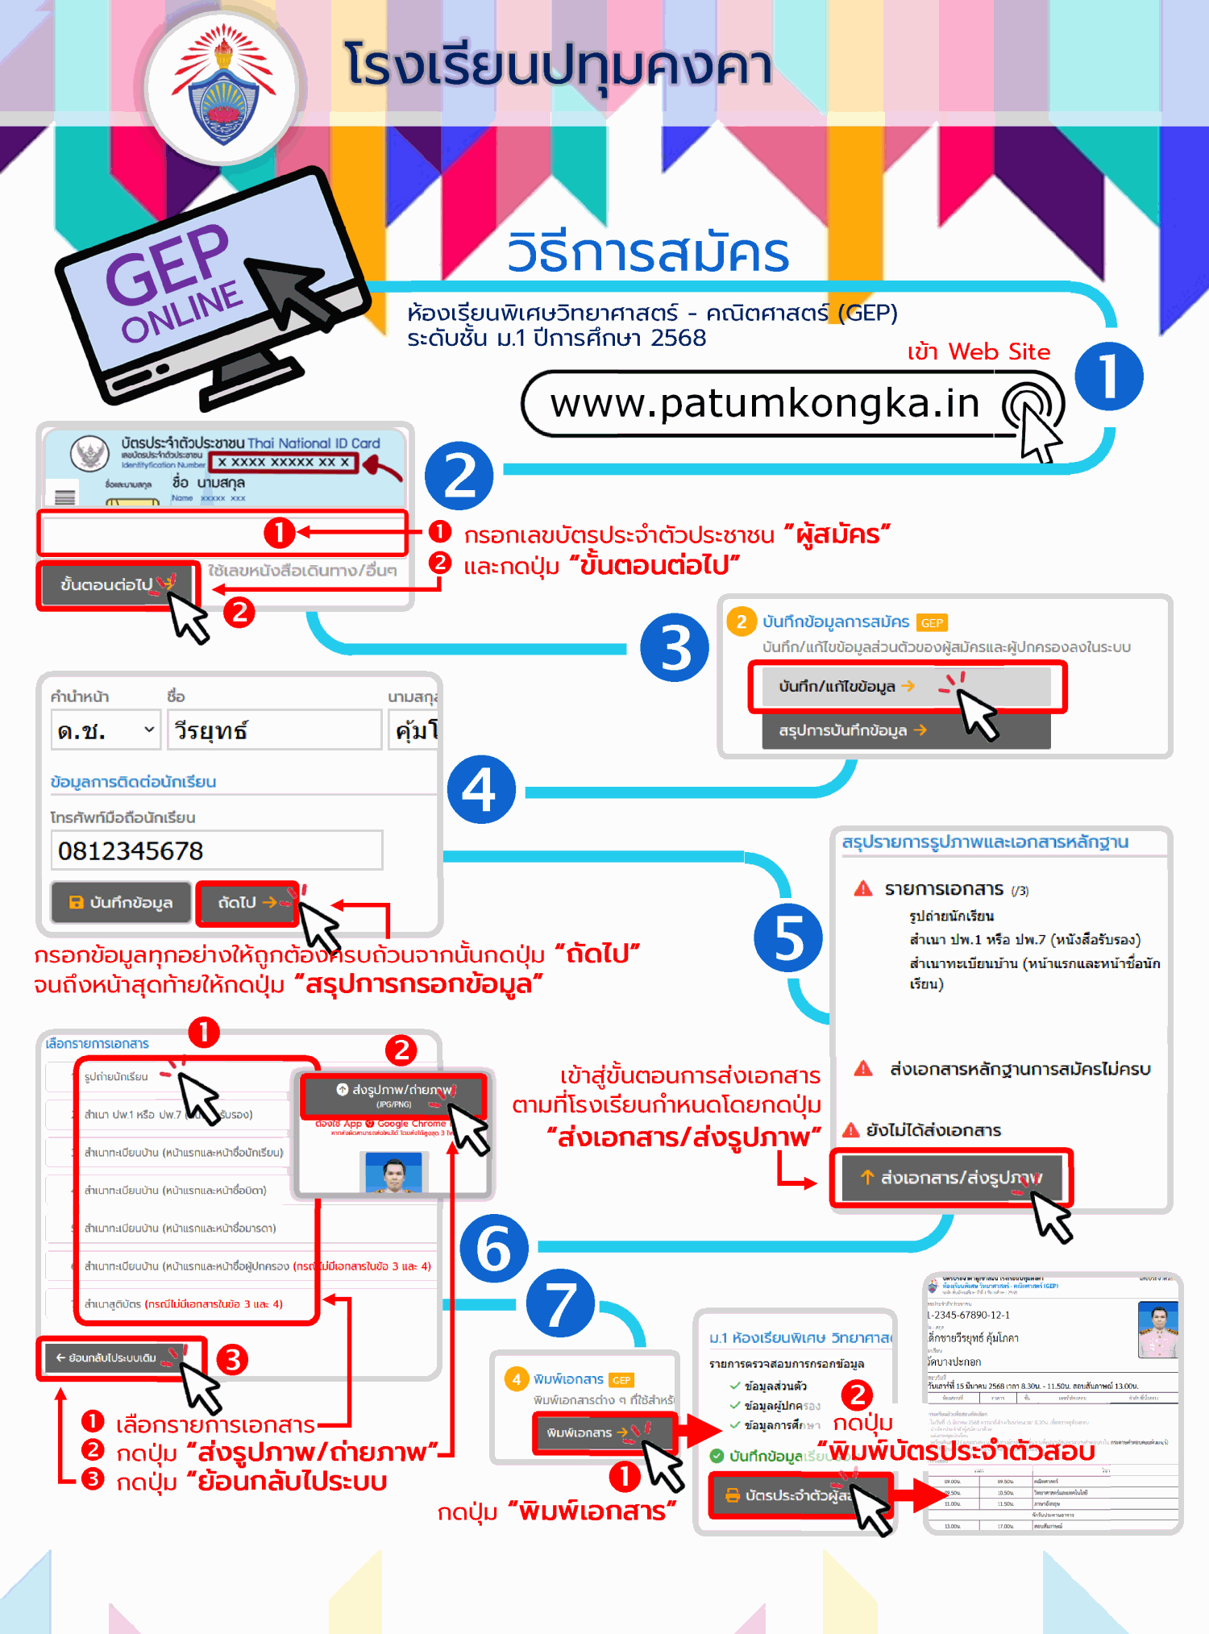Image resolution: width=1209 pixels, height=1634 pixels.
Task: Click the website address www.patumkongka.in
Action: pos(764,403)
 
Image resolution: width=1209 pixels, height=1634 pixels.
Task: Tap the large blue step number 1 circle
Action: pos(1109,376)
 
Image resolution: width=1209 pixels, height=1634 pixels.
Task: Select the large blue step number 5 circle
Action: pos(788,938)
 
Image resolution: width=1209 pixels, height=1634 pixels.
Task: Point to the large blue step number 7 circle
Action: pos(561,1303)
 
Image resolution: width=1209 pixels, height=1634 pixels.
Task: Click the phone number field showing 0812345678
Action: pos(216,850)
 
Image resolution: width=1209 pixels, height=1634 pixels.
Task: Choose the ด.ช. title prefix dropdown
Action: pos(106,730)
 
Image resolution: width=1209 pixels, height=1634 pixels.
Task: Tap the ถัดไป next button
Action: pos(247,902)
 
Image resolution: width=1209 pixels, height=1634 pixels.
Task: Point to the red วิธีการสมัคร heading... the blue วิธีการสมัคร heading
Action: pos(648,253)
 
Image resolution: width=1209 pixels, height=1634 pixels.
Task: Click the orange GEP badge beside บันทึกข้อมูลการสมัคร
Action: pos(932,622)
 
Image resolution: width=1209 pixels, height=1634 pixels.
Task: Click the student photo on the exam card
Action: pos(1158,1330)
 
